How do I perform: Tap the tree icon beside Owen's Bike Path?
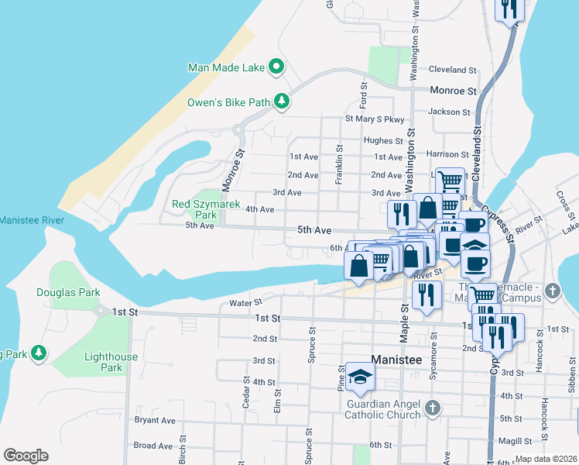[283, 102]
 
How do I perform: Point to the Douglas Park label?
[68, 293]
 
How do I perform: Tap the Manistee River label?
[31, 221]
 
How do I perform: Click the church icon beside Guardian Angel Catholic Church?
[433, 406]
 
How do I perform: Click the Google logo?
[26, 456]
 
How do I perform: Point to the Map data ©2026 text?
[546, 459]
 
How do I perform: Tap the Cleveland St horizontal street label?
[453, 70]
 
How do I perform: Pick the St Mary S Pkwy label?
[375, 120]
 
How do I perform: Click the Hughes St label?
[383, 141]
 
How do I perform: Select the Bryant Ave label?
[155, 421]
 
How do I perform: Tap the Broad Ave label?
[152, 446]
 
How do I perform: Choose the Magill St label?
[537, 442]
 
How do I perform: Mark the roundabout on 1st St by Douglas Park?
[100, 311]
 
